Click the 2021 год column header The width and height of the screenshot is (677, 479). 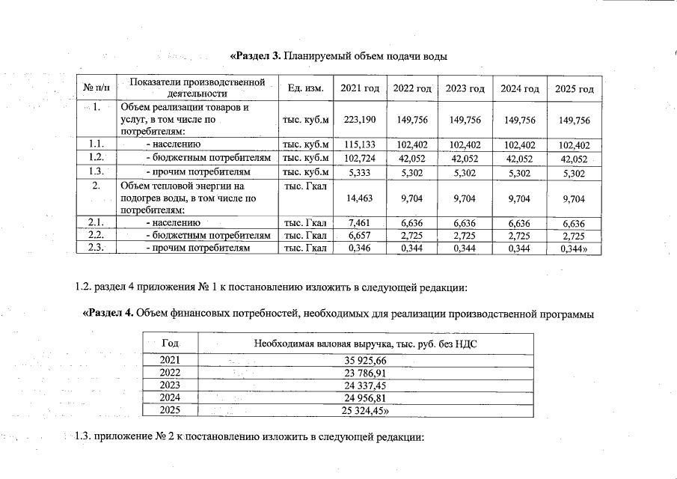(x=360, y=89)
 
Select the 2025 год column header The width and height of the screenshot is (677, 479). (x=575, y=90)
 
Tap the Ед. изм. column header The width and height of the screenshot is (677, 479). (x=304, y=89)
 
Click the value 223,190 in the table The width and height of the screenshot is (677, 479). (x=359, y=120)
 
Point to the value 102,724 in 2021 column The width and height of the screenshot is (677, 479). (x=359, y=158)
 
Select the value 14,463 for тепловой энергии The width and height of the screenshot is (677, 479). (x=359, y=199)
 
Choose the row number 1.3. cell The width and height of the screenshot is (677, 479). (x=97, y=171)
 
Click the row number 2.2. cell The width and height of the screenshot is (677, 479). (x=97, y=235)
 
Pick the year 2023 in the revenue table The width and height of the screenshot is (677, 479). (x=170, y=385)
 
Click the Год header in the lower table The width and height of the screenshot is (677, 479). (x=170, y=344)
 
